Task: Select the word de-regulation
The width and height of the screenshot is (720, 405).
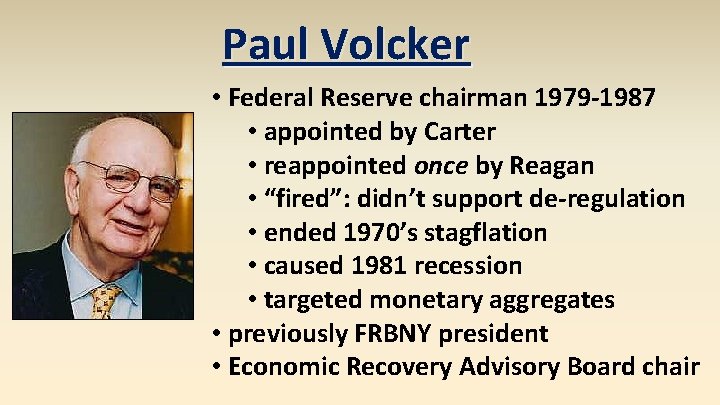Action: click(x=615, y=199)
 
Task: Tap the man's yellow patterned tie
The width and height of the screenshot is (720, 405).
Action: click(x=105, y=300)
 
